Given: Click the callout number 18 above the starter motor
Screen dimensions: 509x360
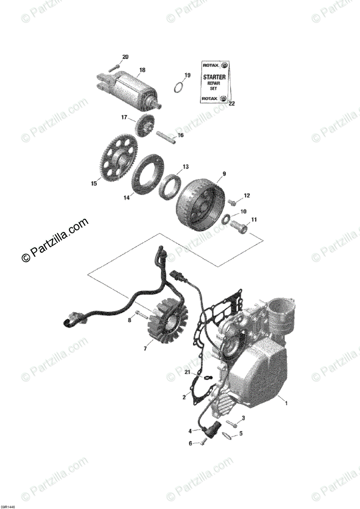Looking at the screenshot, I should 142,70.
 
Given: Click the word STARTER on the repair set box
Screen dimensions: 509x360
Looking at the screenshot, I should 214,77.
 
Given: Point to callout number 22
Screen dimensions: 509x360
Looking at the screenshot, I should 231,103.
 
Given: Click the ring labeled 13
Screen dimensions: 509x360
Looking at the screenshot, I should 170,187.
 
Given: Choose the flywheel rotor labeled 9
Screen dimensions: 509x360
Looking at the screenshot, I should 200,204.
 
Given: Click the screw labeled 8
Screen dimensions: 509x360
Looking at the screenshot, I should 140,315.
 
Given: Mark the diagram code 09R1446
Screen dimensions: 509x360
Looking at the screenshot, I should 8,506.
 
